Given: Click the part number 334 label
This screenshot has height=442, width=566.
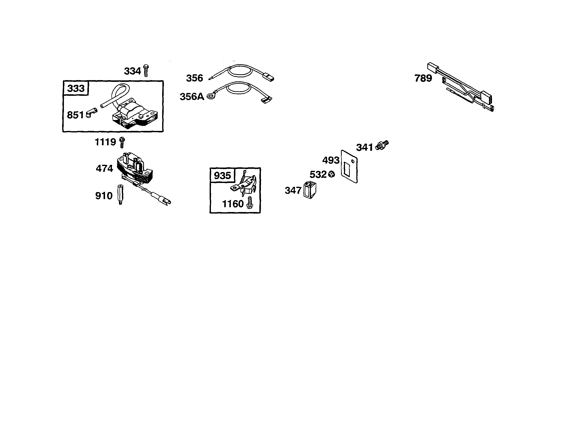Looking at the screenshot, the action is click(132, 71).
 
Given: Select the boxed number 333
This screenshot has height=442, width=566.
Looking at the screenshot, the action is click(76, 88).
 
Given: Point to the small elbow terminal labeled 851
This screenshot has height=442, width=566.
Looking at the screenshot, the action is click(91, 113).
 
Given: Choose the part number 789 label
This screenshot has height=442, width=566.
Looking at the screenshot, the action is click(423, 78).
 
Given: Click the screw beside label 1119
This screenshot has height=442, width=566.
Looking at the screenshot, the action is click(122, 142).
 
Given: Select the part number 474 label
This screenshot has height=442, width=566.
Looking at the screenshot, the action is click(105, 169).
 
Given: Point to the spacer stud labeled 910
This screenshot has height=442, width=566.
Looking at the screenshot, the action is click(120, 195).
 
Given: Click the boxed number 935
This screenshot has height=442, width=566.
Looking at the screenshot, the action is click(222, 175).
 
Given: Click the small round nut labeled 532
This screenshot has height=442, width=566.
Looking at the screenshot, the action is click(331, 174).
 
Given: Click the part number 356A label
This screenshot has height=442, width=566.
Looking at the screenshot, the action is click(192, 97).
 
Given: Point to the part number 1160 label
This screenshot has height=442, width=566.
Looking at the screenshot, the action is click(233, 204).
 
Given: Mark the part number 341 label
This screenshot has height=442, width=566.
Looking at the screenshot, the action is click(364, 148).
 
